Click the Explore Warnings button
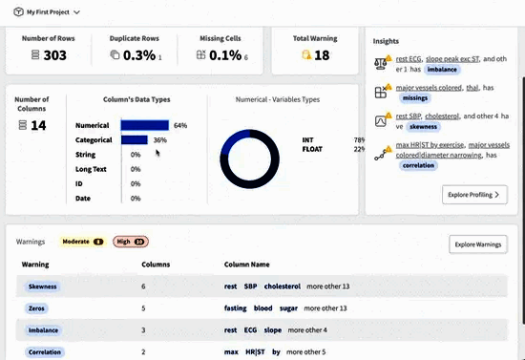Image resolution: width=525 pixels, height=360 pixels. click(478, 245)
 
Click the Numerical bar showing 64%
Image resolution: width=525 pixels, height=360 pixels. click(145, 125)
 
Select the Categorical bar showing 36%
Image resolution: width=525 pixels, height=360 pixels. click(135, 139)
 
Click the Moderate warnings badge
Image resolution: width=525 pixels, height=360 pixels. click(83, 242)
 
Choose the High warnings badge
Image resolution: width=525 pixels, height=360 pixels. click(131, 242)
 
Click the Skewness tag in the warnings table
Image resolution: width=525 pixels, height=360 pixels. click(43, 286)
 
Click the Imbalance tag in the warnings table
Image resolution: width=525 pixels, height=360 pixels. click(43, 330)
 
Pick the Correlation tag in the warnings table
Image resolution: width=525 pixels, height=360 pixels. click(45, 352)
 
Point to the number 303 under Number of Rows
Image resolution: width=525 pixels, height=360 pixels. click(55, 55)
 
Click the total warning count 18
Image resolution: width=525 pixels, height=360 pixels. click(322, 55)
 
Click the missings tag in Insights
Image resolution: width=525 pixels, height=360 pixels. click(414, 96)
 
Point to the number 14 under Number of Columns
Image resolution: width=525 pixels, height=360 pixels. click(38, 125)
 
